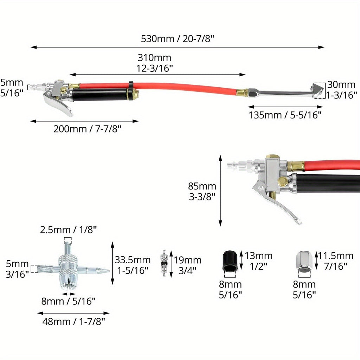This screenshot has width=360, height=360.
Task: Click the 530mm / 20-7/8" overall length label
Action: (x=177, y=39)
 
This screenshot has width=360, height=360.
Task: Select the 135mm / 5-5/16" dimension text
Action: (x=285, y=115)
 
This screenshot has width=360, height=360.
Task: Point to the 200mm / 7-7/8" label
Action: (x=87, y=129)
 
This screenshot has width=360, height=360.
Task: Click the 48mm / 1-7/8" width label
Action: (x=73, y=322)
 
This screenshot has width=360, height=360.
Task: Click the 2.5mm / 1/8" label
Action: (x=69, y=230)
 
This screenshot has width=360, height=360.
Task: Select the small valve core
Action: (x=164, y=263)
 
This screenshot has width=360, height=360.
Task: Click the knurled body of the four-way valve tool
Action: (x=68, y=269)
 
